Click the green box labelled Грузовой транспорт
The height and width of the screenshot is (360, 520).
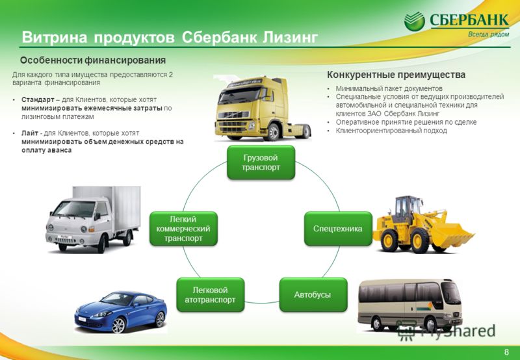261,162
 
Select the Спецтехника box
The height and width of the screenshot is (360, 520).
338,229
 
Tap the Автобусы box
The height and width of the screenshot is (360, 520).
313,295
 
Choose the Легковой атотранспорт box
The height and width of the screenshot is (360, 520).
210,295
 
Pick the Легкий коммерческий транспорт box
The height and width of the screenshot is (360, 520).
183,229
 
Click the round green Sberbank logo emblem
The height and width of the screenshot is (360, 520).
414,21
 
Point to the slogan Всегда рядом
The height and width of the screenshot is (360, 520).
488,34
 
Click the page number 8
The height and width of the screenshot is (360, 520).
506,352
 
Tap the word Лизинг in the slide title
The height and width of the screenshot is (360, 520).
290,38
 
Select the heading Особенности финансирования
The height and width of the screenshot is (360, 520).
93,60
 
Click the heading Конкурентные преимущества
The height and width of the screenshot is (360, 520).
396,75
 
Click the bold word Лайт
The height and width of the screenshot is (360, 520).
30,133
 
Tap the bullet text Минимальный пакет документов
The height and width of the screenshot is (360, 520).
389,88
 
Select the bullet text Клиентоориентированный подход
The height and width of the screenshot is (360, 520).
391,131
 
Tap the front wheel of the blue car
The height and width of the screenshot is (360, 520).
119,325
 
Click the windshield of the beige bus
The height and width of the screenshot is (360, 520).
451,294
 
